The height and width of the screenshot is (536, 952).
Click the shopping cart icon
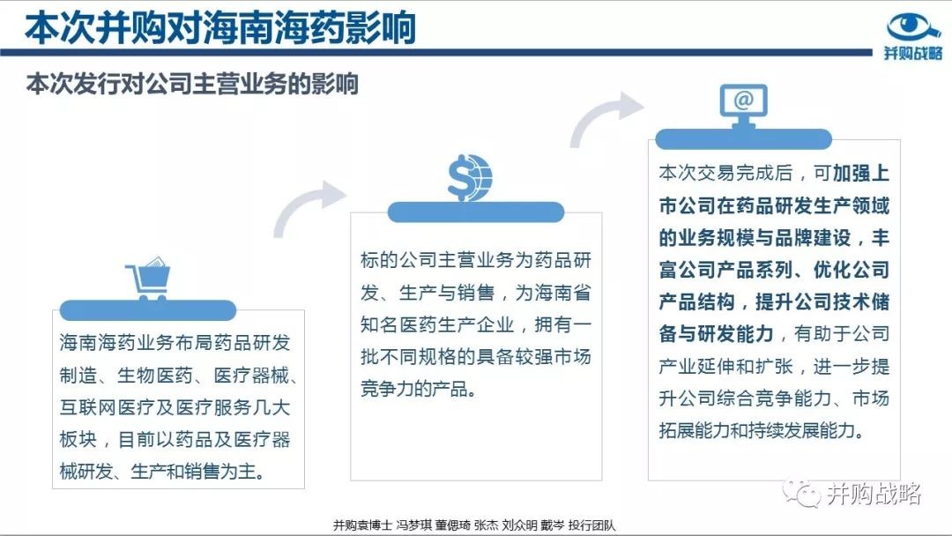click(x=148, y=279)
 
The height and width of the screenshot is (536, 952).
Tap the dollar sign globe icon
click(x=469, y=178)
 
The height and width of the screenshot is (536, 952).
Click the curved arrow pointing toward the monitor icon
click(x=601, y=115)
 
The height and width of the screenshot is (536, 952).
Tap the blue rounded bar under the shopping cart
click(x=148, y=310)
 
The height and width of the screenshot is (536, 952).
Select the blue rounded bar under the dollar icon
click(x=476, y=212)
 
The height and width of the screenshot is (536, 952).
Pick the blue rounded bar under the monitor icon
click(x=743, y=139)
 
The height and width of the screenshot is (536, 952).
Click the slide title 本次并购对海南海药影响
click(x=219, y=28)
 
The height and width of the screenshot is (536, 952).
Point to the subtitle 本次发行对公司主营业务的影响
click(x=192, y=85)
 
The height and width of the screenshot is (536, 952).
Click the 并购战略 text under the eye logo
click(x=913, y=53)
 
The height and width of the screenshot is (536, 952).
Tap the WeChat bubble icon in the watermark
click(x=800, y=492)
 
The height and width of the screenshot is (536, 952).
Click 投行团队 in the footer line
click(x=592, y=525)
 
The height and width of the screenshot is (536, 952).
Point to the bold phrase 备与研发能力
click(x=717, y=334)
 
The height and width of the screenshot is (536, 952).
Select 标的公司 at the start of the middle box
click(x=398, y=260)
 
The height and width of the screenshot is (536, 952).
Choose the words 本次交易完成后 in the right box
click(x=726, y=173)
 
